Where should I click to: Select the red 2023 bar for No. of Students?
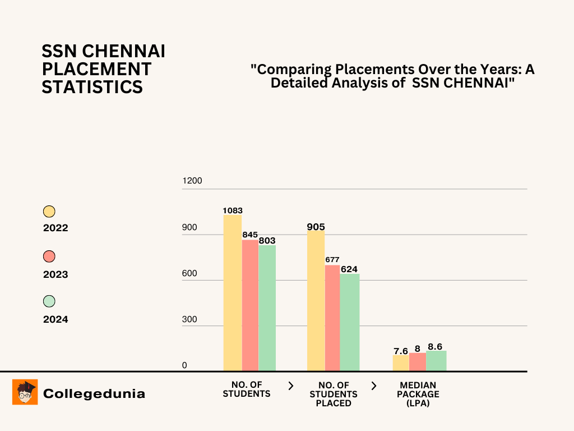click(x=250, y=305)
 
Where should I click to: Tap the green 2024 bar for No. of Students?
click(x=267, y=308)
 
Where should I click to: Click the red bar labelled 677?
click(x=332, y=318)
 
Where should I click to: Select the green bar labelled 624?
click(x=349, y=322)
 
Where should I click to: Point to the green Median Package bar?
click(x=436, y=361)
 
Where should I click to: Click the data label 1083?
click(x=233, y=210)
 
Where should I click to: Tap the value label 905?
click(x=316, y=227)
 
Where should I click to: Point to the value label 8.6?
click(x=435, y=346)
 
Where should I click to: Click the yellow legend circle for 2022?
click(x=49, y=212)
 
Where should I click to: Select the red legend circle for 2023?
click(x=49, y=256)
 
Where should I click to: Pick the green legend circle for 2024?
click(x=49, y=301)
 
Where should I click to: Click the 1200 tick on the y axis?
click(x=192, y=181)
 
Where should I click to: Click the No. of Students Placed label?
click(x=334, y=394)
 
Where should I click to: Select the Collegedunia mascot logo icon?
click(x=25, y=392)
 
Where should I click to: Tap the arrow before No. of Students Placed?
click(x=290, y=386)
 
